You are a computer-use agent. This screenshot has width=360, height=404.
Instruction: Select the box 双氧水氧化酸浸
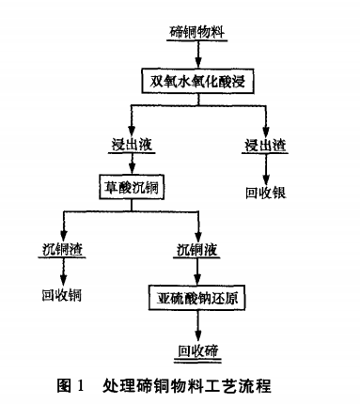click(x=199, y=82)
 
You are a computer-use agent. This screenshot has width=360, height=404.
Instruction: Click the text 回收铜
click(x=62, y=295)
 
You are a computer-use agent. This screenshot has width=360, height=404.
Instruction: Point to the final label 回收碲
click(x=198, y=351)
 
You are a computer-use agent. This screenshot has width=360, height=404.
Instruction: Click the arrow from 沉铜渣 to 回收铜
click(x=62, y=272)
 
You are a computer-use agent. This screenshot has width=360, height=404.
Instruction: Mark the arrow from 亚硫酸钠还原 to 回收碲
click(x=198, y=326)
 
